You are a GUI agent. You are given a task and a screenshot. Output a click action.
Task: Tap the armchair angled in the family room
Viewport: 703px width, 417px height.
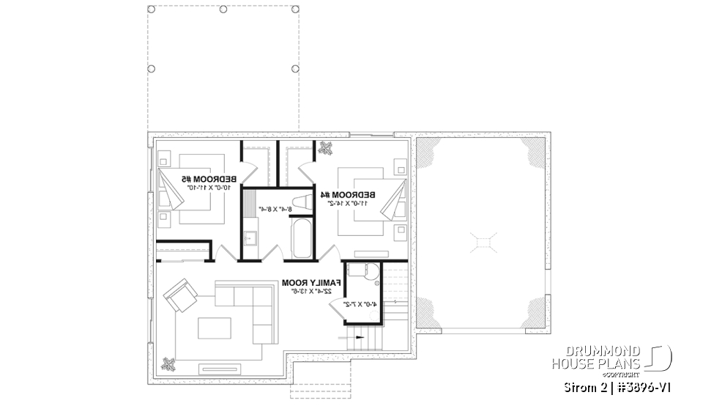point(179,295)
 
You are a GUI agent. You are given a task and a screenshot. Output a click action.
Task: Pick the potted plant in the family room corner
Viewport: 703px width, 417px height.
point(170,363)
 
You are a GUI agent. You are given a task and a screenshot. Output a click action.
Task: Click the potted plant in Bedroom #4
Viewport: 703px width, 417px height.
point(324,148)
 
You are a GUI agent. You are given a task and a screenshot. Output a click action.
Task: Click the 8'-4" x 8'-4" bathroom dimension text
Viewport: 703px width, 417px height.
point(275,209)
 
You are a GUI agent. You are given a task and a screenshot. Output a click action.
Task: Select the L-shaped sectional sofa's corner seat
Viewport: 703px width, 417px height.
point(260,297)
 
